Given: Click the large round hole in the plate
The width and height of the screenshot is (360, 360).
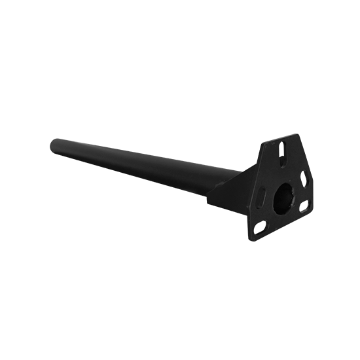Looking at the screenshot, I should click(287, 199).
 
